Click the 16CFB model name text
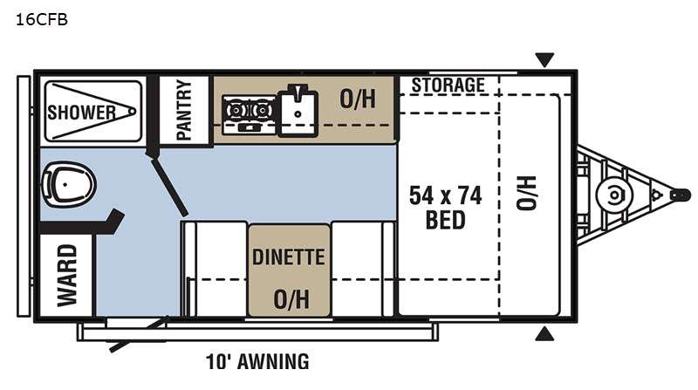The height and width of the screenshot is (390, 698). [41, 19]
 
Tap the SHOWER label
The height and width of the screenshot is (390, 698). [81, 113]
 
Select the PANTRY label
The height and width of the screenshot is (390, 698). [184, 110]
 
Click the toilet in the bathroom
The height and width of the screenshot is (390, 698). [69, 184]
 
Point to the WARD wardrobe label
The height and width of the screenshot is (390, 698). [67, 276]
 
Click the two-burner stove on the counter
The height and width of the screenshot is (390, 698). [250, 113]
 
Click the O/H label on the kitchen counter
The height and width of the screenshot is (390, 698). [358, 99]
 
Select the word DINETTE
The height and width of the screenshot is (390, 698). [289, 257]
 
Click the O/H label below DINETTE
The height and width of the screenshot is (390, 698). [291, 299]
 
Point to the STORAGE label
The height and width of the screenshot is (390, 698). [448, 85]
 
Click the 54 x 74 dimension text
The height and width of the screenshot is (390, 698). [445, 196]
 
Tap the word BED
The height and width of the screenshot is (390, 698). [445, 220]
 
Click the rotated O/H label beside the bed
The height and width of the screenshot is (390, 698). [526, 193]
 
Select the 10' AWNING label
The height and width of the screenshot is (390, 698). [257, 361]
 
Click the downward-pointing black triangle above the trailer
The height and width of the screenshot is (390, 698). [544, 59]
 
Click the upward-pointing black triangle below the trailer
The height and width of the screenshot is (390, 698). [544, 333]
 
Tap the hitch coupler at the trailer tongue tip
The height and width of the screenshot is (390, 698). [681, 195]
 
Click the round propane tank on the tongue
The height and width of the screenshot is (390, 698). [614, 195]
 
